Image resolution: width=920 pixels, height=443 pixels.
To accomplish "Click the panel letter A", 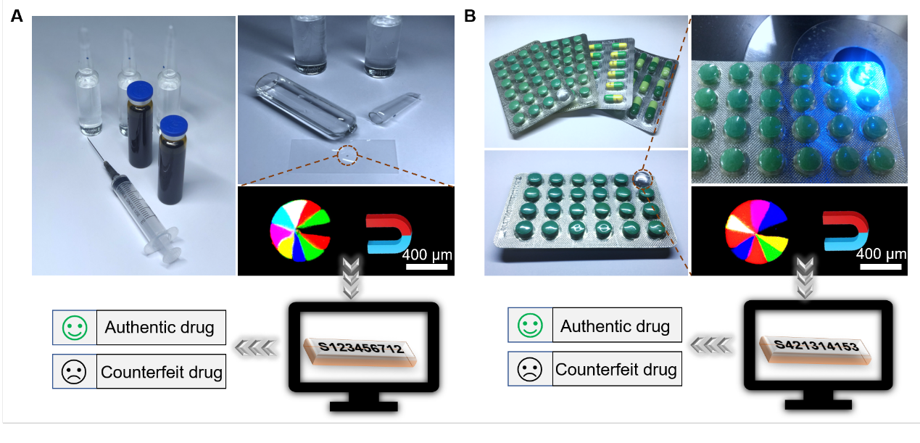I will pos(17,16).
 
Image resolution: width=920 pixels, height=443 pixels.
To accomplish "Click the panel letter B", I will pos(470,16).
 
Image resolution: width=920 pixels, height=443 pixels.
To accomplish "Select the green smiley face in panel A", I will pos(75,328).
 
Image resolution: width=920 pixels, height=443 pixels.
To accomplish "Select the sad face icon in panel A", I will pos(75,372).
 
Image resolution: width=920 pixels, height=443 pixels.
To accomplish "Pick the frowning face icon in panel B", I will pos(530,369).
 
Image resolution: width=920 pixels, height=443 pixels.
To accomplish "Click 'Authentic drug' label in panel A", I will pos(159,328).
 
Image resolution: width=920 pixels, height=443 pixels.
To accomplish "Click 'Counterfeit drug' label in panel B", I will pos(616,370).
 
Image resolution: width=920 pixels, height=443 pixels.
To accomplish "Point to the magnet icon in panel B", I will pos(845,230).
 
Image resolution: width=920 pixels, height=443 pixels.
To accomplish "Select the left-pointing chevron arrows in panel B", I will pos(710,347).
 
